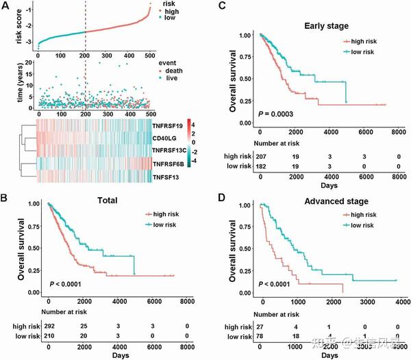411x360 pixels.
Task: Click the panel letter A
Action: (x=6, y=6)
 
